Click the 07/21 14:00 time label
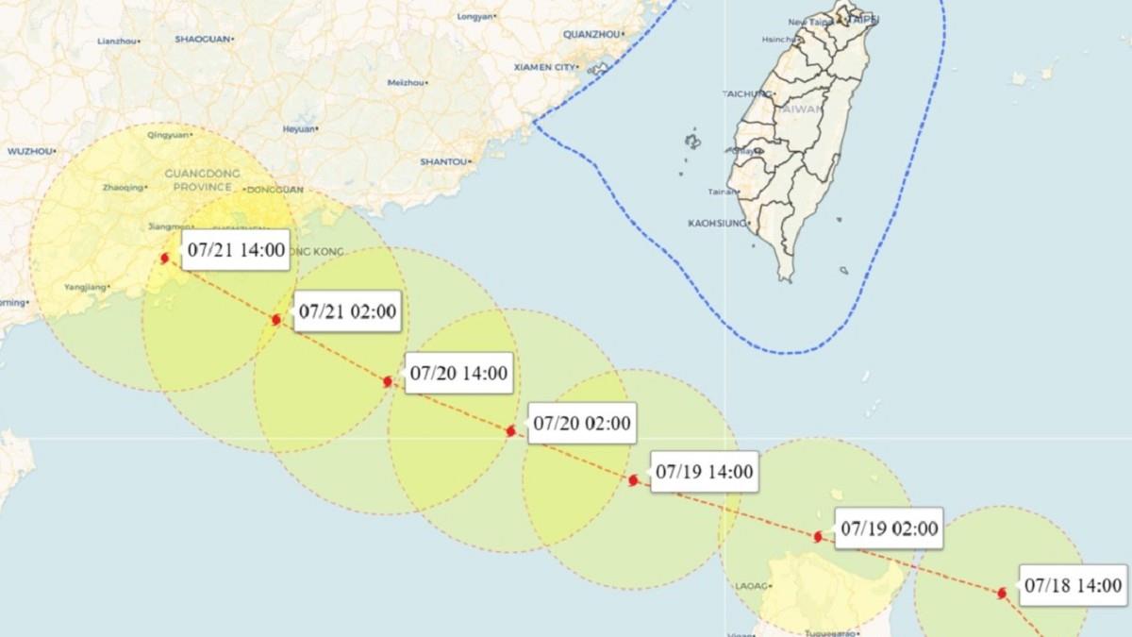[236, 250]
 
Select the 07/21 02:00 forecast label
[348, 311]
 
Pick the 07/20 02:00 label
[582, 424]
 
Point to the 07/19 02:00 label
[890, 528]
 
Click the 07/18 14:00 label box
[1074, 585]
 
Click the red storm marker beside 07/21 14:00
[165, 258]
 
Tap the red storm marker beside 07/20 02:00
[510, 431]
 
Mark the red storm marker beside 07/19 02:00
[818, 536]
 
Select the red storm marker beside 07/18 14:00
[1002, 593]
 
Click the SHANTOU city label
[443, 161]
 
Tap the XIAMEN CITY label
[544, 67]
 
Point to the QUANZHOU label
[591, 34]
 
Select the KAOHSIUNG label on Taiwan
[717, 224]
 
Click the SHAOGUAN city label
[202, 39]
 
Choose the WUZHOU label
[29, 151]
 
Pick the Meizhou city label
[406, 82]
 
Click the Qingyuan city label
[167, 136]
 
